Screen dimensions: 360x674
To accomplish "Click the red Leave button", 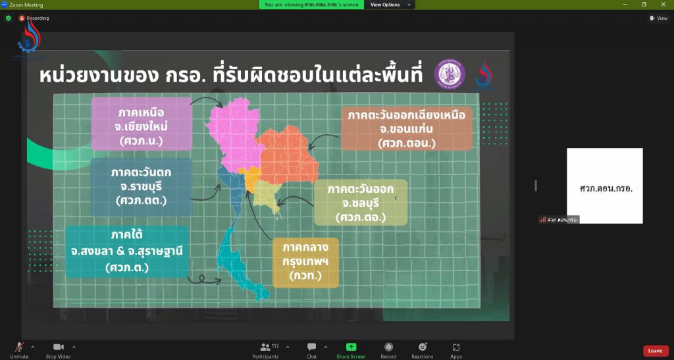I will (x=656, y=351).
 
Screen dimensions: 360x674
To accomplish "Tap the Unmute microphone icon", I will (x=19, y=347).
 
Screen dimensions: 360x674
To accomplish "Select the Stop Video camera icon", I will (x=59, y=347).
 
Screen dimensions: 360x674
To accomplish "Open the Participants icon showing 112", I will (x=265, y=347).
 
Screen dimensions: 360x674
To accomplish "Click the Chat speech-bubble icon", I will (x=311, y=347).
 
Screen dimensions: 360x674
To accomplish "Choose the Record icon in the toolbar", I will (x=388, y=347).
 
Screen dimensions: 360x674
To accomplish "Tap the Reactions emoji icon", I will (x=422, y=347).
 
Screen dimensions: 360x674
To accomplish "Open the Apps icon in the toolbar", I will (x=455, y=347).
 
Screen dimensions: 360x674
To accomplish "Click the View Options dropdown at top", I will (x=389, y=5).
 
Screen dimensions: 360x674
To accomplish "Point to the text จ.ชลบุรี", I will (x=359, y=203).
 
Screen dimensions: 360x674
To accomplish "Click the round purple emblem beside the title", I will (x=449, y=73).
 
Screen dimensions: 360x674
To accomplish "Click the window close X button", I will (x=662, y=5).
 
